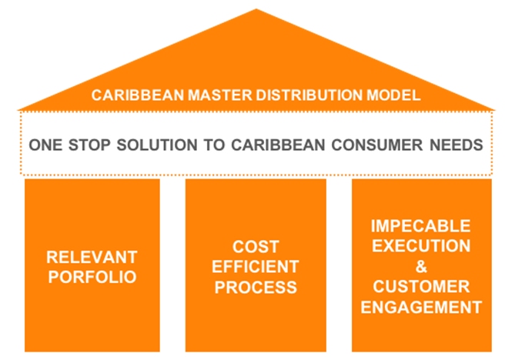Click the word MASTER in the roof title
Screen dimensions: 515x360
coord(219,95)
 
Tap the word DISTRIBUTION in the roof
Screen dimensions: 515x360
coord(309,95)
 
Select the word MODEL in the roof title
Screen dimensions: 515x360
coord(393,95)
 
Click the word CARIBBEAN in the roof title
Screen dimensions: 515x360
coord(138,95)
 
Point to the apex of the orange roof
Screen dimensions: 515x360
coord(256,9)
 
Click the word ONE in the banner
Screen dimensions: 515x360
coord(45,145)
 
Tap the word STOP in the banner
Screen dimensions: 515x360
coord(89,145)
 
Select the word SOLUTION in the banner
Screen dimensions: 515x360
coord(157,145)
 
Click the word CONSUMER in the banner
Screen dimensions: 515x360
coord(377,145)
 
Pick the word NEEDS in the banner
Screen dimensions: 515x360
coord(456,145)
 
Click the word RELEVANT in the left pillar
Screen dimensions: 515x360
coord(92,257)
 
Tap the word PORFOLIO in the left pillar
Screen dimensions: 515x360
coord(92,277)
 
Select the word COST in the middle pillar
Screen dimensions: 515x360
coord(256,246)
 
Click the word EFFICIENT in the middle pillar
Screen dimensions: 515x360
coord(256,266)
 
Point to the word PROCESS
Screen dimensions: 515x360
coord(256,287)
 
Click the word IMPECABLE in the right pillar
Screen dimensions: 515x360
coord(421,226)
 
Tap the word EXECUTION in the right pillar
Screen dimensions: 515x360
coord(421,246)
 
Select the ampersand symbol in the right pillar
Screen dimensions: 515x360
coord(421,266)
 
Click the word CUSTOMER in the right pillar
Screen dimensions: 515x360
coord(421,286)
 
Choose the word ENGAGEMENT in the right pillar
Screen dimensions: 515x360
coord(421,307)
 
